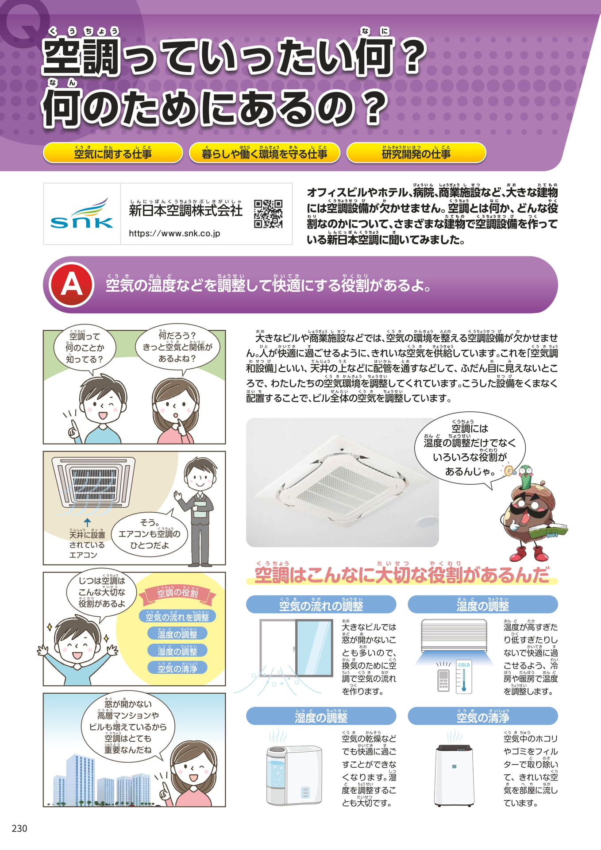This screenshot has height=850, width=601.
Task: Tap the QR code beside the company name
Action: (268, 214)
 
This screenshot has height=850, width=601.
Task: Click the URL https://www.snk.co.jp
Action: (174, 233)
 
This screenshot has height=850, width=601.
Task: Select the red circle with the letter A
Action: (72, 285)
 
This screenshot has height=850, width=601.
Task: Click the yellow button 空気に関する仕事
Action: (113, 152)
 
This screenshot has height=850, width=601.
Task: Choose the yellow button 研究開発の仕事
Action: (416, 152)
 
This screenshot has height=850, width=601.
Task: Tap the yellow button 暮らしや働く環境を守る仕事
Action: (264, 152)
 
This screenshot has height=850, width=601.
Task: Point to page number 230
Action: (19, 828)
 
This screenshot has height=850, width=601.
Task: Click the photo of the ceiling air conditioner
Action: (342, 482)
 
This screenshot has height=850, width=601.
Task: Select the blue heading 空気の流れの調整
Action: (321, 604)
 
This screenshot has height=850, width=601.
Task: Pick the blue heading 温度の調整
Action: (482, 604)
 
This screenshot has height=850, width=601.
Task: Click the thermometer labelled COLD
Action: (464, 677)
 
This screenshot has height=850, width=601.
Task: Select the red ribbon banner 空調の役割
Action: (177, 594)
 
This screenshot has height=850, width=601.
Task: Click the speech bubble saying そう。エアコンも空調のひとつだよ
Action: (149, 534)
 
